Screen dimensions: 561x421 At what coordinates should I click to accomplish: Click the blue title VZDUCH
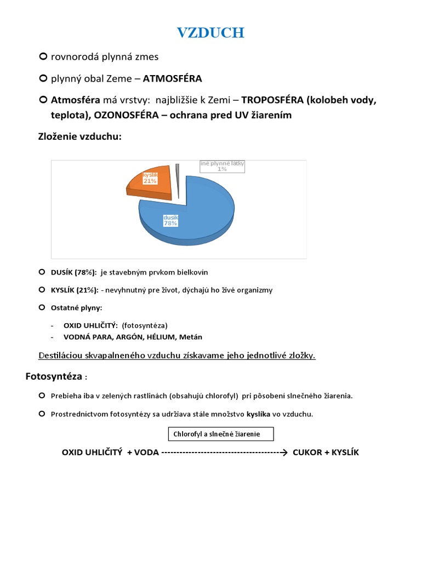210,33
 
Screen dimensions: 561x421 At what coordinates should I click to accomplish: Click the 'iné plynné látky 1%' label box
222,166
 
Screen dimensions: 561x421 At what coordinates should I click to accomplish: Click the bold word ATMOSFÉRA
172,78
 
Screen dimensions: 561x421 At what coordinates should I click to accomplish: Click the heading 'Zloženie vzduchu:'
79,136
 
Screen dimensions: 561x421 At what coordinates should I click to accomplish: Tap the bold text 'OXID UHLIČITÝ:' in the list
90,325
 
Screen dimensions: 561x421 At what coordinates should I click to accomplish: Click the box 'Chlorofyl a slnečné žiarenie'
220,434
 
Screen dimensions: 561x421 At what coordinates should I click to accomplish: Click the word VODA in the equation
146,453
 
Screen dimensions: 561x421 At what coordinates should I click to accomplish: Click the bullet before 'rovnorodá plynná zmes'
43,56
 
